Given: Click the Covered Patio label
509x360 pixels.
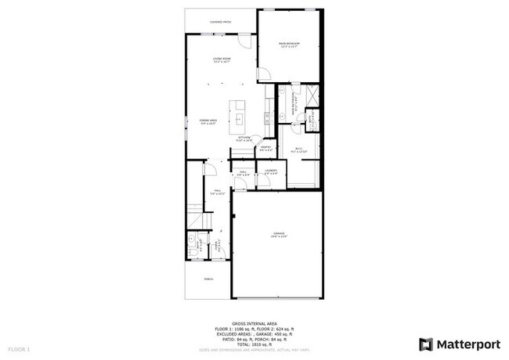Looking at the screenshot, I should point(221,22).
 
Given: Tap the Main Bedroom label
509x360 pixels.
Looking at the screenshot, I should point(291,44).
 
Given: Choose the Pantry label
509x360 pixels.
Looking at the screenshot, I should point(265,148).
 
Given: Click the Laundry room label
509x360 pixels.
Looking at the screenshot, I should point(271,171).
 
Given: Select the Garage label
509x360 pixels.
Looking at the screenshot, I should point(279,235).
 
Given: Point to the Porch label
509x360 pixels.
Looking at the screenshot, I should point(208,278).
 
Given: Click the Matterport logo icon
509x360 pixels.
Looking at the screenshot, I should point(425,344).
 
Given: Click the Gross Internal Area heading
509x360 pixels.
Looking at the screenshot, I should point(254,322).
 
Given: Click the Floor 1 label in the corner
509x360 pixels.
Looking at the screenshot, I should point(19,347).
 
